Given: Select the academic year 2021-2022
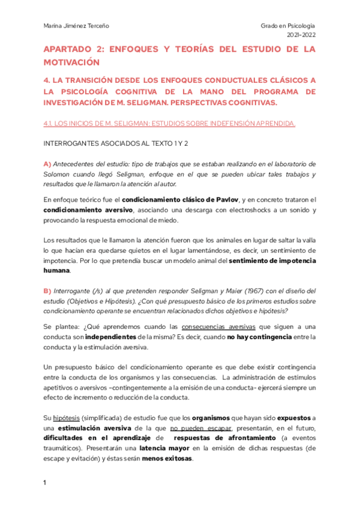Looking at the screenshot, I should tap(301, 35).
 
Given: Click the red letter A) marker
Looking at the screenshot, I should tap(47, 164).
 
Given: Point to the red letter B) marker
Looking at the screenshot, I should tap(47, 291).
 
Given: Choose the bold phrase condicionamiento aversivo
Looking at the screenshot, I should tap(89, 210).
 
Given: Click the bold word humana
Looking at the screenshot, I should tap(56, 271).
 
